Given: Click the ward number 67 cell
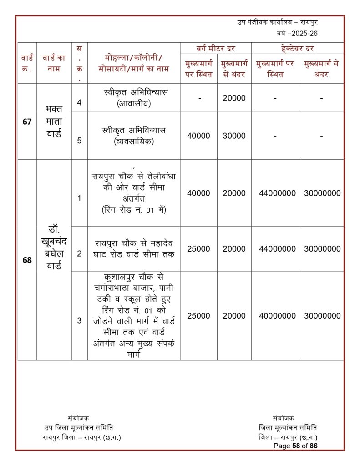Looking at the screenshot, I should (x=27, y=122).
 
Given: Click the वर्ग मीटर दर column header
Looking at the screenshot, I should (x=215, y=48).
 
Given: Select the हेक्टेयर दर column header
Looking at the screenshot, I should (x=297, y=48).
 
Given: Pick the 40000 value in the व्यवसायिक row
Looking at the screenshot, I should (x=198, y=136).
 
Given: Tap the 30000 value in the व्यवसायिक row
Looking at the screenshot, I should (x=234, y=136).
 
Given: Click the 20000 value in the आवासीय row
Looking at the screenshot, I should (x=234, y=98).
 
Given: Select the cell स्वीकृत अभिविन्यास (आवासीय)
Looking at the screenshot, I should (x=133, y=98).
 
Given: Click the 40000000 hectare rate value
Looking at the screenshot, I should (x=275, y=316).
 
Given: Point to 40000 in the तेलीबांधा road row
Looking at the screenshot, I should (x=198, y=193).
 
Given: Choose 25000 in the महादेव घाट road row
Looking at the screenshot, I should (x=198, y=249).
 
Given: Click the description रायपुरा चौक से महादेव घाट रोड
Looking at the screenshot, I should (x=133, y=248).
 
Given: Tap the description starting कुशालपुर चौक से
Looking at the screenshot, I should (x=133, y=315).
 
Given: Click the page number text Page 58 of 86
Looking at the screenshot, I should (x=295, y=446).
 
